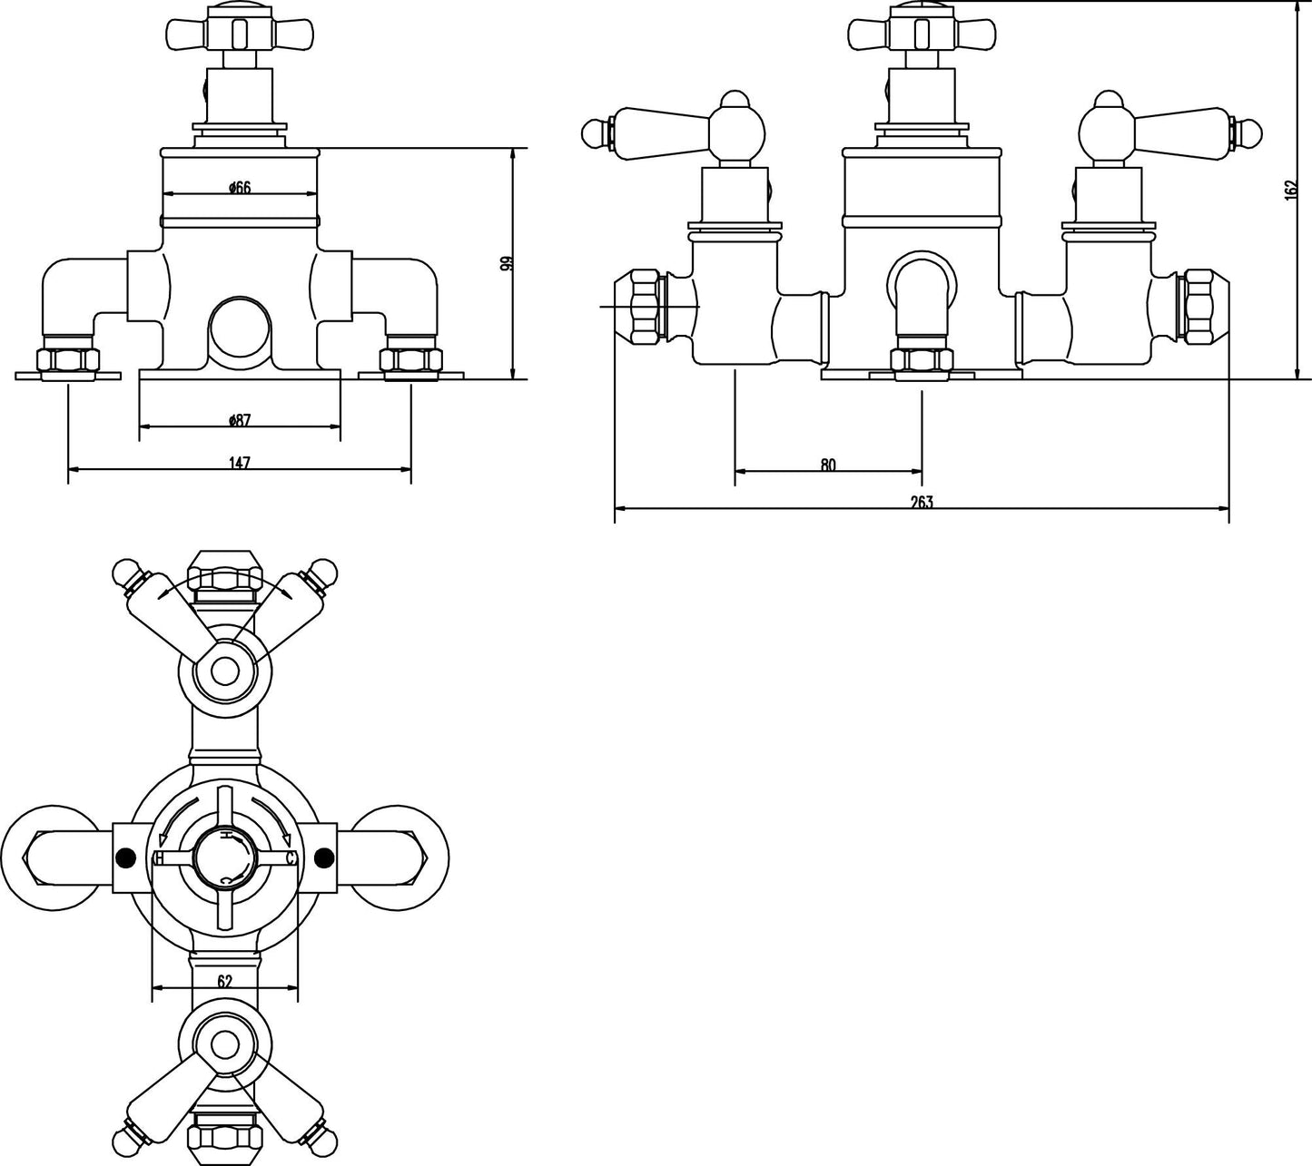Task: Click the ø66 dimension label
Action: tap(240, 188)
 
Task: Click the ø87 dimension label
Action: tap(240, 420)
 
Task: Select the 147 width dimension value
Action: tap(239, 463)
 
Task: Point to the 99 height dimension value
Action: tap(507, 264)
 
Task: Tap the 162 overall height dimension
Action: tap(1291, 191)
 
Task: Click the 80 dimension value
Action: tap(827, 465)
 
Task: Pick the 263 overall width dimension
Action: tap(922, 502)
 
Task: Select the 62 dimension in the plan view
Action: tap(225, 980)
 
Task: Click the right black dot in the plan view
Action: tap(322, 856)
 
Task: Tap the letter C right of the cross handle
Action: tap(291, 857)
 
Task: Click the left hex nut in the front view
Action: tap(68, 360)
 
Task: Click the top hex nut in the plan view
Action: tap(224, 579)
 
